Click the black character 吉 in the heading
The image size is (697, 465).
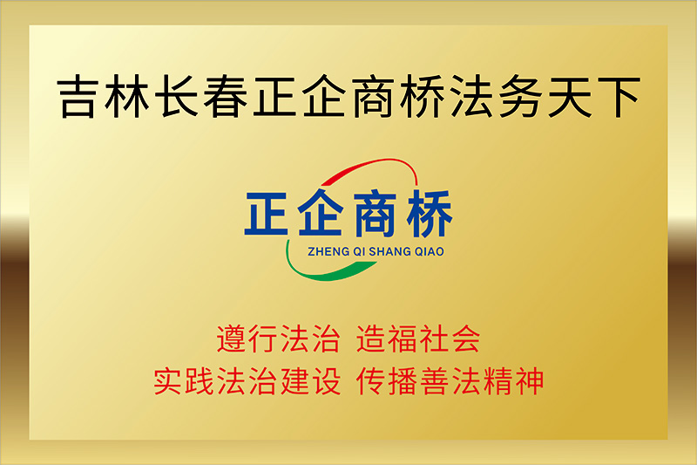tap(78, 97)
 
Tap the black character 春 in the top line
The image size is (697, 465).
tap(226, 97)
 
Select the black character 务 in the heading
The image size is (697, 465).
tap(520, 97)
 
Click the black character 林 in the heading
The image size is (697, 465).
tap(126, 97)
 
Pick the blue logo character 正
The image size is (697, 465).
tap(267, 214)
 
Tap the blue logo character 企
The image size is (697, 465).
tap(321, 212)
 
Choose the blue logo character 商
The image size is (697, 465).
tap(375, 214)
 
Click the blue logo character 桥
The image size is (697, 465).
tap(430, 214)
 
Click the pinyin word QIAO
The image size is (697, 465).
tap(430, 252)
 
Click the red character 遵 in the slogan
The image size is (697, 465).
tap(232, 339)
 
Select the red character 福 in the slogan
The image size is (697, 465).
tap(403, 339)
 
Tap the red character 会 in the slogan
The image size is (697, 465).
tap(465, 339)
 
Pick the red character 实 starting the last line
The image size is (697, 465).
tap(168, 381)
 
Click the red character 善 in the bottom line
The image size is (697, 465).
tap(435, 381)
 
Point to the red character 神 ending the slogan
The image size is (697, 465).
tap(530, 381)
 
